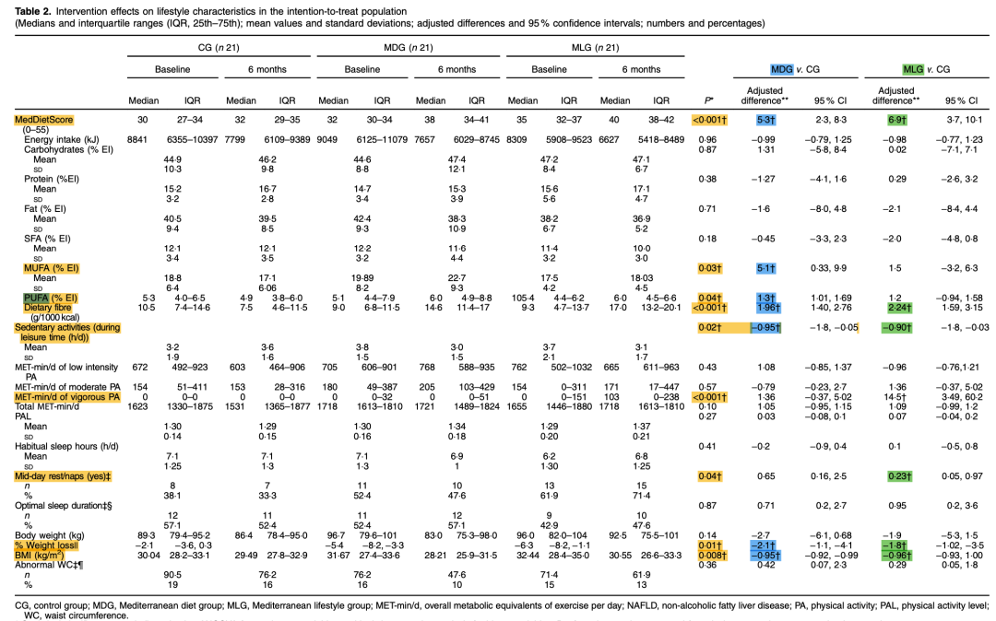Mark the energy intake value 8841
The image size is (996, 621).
(138, 137)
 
